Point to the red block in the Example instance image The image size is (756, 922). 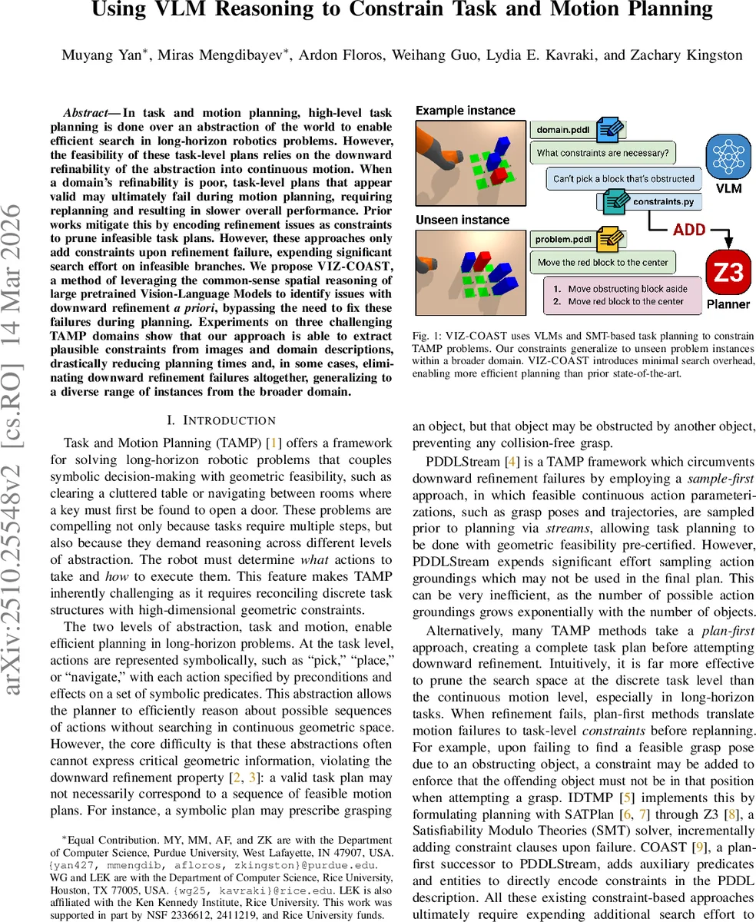pyautogui.click(x=498, y=175)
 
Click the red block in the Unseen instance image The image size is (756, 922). pyautogui.click(x=482, y=260)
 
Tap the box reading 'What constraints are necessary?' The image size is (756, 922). pyautogui.click(x=602, y=152)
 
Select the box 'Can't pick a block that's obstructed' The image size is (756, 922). pyautogui.click(x=623, y=179)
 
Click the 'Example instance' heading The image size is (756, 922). pyautogui.click(x=465, y=111)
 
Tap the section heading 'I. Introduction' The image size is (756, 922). pyautogui.click(x=221, y=420)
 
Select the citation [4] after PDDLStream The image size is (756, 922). pyautogui.click(x=510, y=462)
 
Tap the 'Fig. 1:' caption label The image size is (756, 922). pyautogui.click(x=428, y=337)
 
